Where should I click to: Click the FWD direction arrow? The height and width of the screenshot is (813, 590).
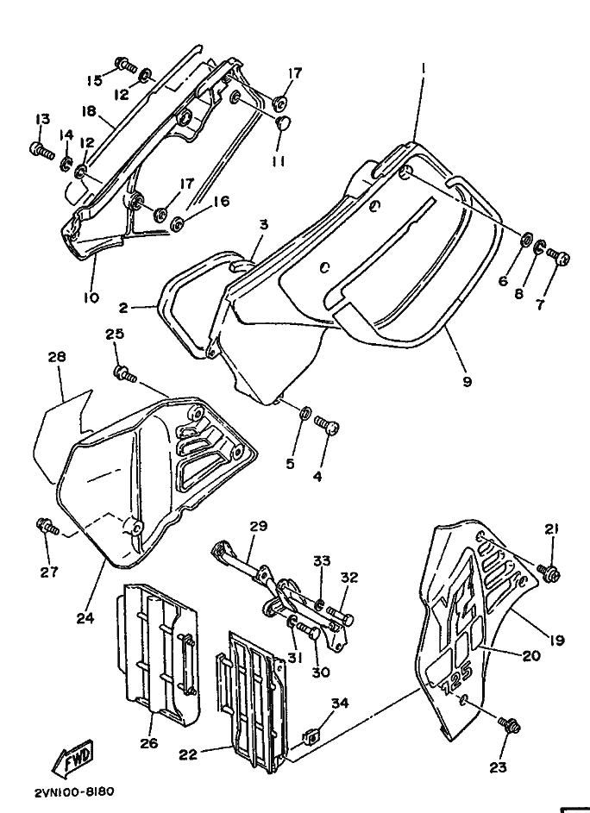(x=72, y=758)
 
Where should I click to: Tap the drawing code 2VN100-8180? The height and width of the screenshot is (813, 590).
(x=75, y=791)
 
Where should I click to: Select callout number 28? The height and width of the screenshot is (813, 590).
(x=57, y=357)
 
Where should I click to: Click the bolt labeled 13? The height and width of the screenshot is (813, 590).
(x=42, y=151)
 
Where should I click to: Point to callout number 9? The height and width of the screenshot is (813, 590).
(x=467, y=381)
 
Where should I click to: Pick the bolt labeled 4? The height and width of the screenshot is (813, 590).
(x=327, y=424)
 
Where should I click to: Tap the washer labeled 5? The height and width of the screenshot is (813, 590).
(x=306, y=413)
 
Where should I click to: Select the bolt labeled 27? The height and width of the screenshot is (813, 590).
(x=47, y=527)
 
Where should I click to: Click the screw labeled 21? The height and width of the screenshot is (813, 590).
(x=549, y=572)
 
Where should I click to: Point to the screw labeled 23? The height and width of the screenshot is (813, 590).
(x=509, y=724)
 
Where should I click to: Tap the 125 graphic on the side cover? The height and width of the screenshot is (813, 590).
(x=456, y=679)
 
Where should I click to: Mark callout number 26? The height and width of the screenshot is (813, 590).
(x=148, y=743)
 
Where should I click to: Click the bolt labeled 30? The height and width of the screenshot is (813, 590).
(x=308, y=632)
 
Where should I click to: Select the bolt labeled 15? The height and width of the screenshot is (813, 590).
(x=125, y=65)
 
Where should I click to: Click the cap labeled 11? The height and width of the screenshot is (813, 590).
(x=285, y=123)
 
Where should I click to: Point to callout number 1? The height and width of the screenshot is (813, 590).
(x=423, y=67)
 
